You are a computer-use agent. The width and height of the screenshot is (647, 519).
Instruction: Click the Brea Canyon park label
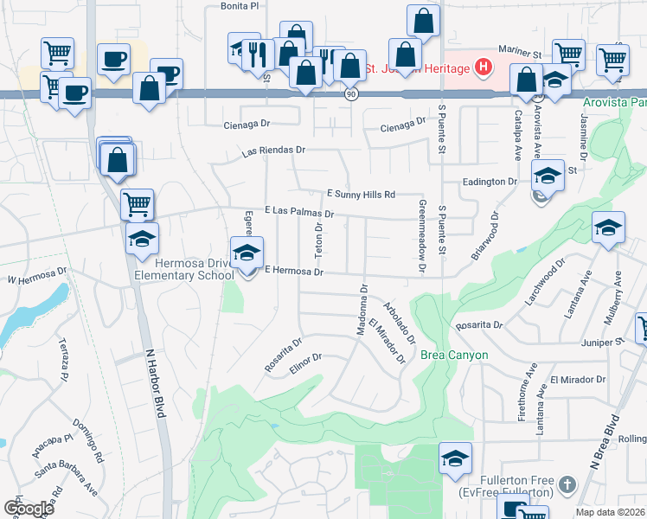click(x=454, y=356)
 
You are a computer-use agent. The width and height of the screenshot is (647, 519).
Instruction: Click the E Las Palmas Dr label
click(x=299, y=211)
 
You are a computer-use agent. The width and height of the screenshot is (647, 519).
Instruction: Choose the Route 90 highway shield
click(x=349, y=93)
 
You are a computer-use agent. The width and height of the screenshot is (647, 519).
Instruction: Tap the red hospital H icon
click(x=484, y=67)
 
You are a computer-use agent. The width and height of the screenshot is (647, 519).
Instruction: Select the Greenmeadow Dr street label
click(x=422, y=237)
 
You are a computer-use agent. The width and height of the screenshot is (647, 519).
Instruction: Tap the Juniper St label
click(x=603, y=343)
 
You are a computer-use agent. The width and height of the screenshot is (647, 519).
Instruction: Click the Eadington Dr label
click(x=489, y=183)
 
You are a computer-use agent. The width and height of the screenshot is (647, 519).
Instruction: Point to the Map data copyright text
click(x=609, y=512)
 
